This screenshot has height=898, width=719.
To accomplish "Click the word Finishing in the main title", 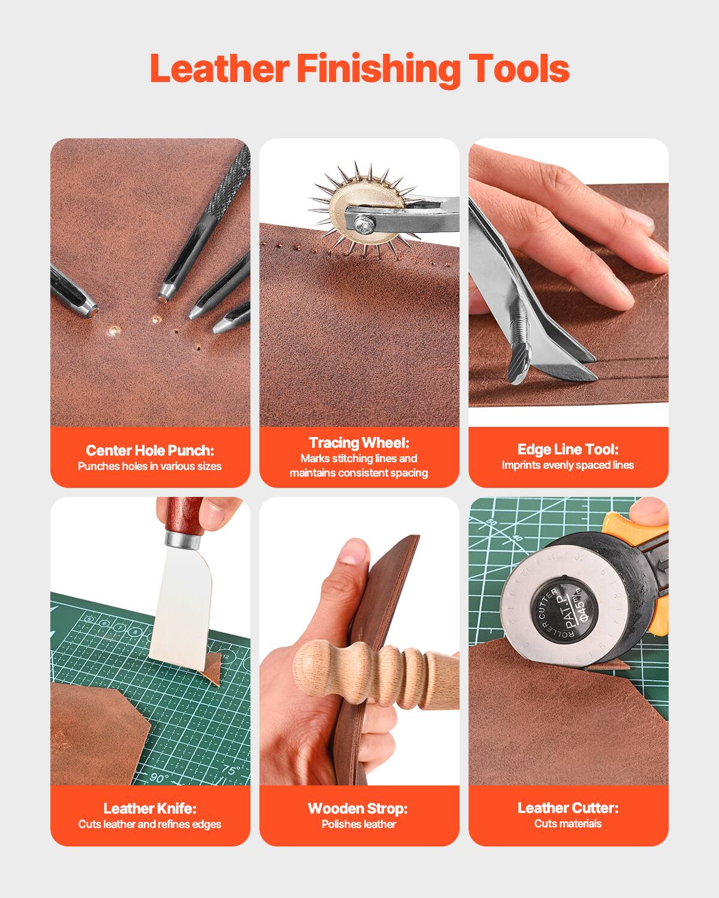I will coord(378,69).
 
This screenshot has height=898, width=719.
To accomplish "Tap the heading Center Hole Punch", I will coord(150,450).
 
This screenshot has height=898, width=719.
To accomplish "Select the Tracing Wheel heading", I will coord(359,442).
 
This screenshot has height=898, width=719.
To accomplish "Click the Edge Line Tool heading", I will coord(567,449).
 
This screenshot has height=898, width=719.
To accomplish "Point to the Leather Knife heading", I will coord(150,808).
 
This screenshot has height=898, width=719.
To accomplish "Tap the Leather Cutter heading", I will coord(567,808).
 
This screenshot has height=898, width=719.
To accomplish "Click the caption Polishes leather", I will coord(358,824).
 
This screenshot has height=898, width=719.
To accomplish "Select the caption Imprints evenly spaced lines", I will coord(567,465).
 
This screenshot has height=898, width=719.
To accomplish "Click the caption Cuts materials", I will coord(567,824).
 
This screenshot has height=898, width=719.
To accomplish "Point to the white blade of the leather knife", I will coord(180,611).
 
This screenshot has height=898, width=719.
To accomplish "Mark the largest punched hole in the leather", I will coord(113,330).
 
